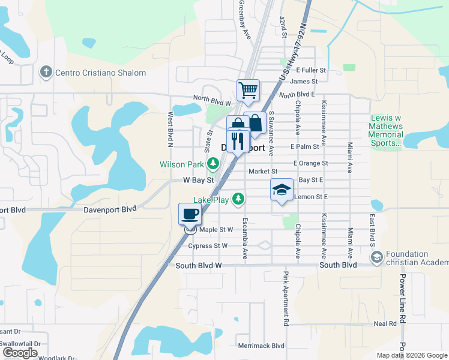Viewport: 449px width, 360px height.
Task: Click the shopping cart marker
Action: tap(248, 91)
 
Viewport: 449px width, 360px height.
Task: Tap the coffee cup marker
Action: tap(190, 214)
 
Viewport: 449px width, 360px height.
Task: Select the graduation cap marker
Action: tap(282, 190)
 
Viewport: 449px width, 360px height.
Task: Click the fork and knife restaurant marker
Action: tap(238, 141)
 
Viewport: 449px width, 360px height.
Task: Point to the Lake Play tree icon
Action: tap(239, 199)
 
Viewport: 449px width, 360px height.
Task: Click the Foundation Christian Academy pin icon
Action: tap(376, 258)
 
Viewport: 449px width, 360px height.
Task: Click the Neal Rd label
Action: tap(385, 323)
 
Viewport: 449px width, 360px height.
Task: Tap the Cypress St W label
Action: tap(208, 245)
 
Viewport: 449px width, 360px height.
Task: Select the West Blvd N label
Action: tap(170, 129)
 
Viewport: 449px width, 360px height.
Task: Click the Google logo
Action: tap(20, 353)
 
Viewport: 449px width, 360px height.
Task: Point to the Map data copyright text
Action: tap(412, 355)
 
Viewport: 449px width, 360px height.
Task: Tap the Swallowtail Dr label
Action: tap(20, 344)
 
